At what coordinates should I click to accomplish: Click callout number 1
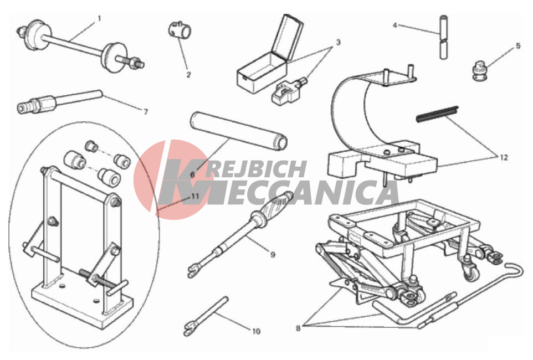click(x=99, y=18)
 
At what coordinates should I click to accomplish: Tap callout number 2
click(x=189, y=75)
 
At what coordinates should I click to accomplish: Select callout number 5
click(x=518, y=45)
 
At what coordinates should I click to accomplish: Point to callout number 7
click(x=146, y=111)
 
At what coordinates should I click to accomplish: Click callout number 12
click(x=504, y=157)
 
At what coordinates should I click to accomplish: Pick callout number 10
click(x=256, y=331)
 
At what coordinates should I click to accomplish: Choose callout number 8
click(x=298, y=328)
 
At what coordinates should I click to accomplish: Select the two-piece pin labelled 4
click(x=444, y=38)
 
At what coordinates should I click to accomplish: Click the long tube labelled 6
click(x=239, y=131)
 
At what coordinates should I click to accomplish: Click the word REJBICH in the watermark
click(x=255, y=169)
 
